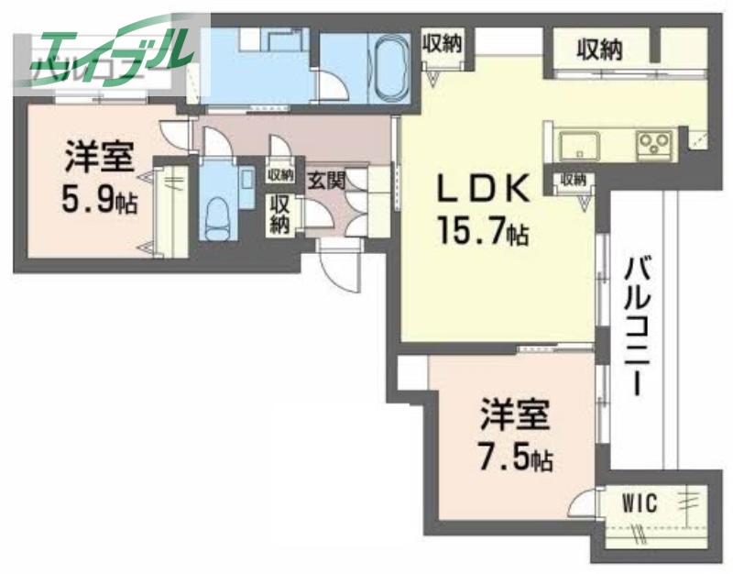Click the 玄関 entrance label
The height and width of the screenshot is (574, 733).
(x=325, y=181)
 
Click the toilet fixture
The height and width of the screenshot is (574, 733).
(x=218, y=213)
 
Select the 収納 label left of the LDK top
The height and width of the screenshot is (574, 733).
(x=442, y=43)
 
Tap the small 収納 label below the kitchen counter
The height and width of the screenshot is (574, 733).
(x=574, y=180)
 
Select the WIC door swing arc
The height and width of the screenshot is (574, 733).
(x=579, y=507)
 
